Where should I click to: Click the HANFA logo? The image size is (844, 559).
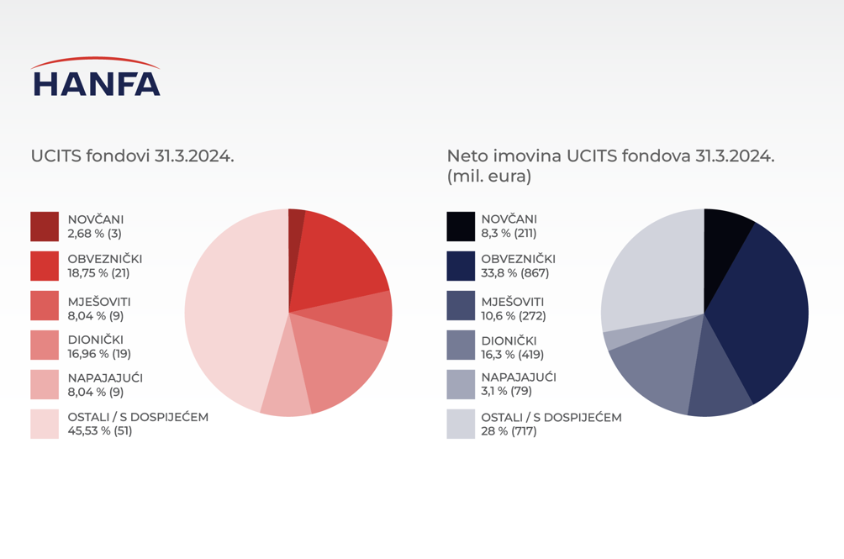coord(95,77)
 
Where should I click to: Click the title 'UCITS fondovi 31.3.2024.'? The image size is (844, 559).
coord(132,156)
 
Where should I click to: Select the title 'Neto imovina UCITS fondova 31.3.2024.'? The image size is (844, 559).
coord(610,156)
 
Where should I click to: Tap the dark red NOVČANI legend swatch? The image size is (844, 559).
coord(45,226)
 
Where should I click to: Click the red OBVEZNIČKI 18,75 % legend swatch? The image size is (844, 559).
coord(45,266)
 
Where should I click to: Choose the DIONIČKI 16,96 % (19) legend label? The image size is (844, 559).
coord(98,347)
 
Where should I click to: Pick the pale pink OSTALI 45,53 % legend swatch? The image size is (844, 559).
coord(45,424)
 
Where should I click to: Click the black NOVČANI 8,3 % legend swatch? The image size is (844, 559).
coord(461,226)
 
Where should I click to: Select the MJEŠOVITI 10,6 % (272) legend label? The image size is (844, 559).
coord(513,309)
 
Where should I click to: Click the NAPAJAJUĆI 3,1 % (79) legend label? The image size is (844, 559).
coord(518,384)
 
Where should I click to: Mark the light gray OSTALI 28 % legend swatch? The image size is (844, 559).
coord(461,424)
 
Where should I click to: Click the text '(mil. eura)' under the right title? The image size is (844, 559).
coord(488,177)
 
